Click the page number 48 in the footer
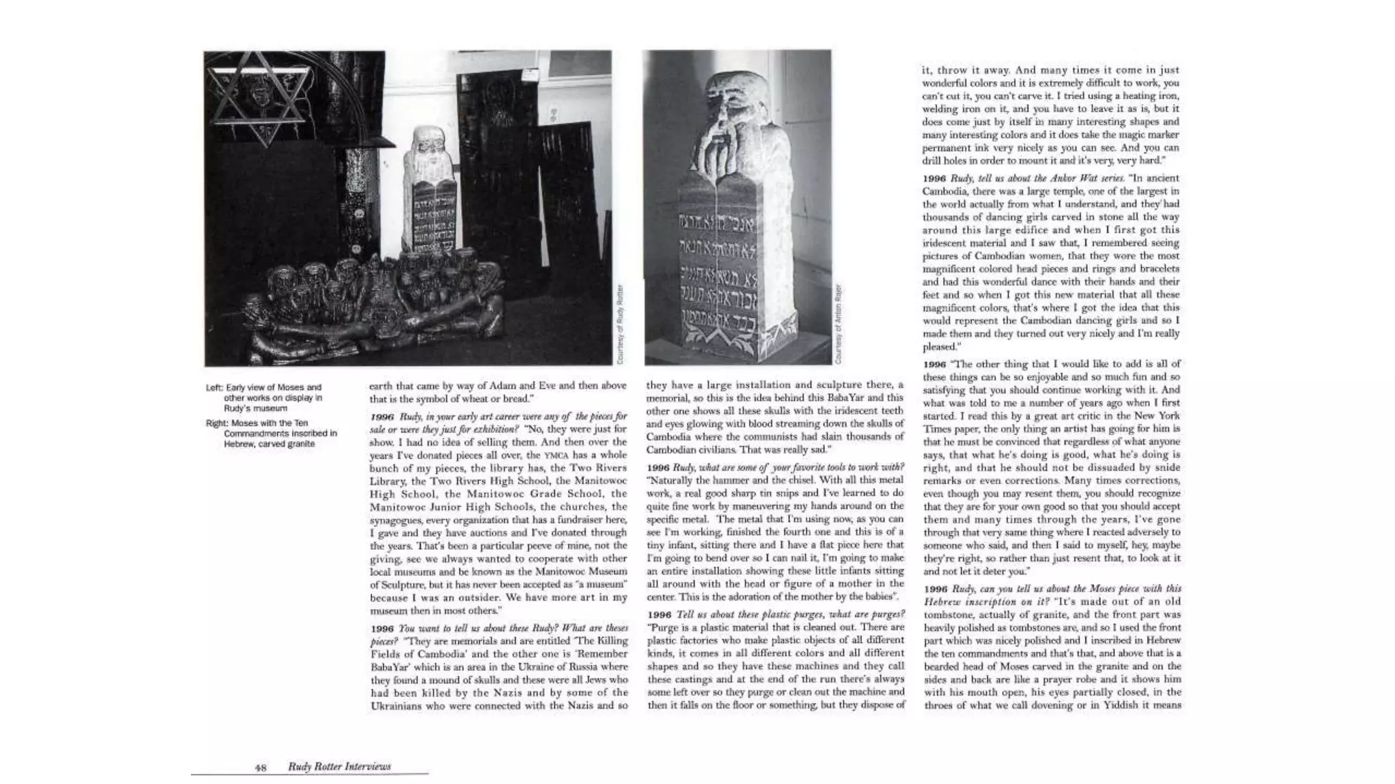pos(260,767)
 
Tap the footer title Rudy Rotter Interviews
pos(339,766)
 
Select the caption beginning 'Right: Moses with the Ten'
pos(271,434)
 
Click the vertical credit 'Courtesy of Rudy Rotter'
pos(621,323)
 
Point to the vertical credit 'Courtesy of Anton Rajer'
pos(839,323)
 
